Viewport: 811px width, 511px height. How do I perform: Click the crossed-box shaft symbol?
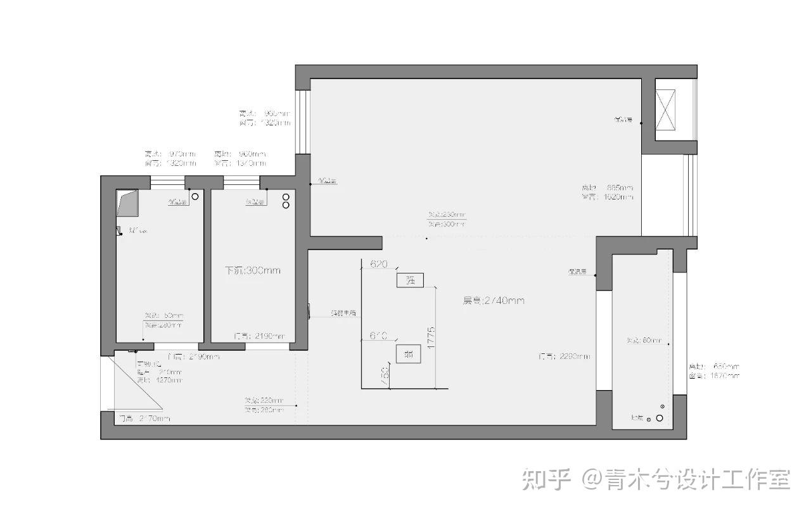[x=665, y=110]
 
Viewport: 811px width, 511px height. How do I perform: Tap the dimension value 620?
[x=378, y=264]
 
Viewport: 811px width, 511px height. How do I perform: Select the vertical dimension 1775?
[x=430, y=339]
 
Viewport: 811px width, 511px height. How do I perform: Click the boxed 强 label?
[x=410, y=281]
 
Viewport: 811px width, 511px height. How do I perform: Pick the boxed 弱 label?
[x=409, y=354]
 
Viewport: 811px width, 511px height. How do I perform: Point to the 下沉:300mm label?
[x=253, y=270]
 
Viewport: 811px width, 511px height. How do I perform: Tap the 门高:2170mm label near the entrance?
[x=144, y=419]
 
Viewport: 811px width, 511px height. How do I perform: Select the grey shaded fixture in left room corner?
[x=127, y=203]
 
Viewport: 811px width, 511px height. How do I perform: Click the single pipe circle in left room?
[x=195, y=197]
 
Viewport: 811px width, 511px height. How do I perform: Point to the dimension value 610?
[x=378, y=336]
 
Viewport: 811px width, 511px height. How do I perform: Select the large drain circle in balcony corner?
[x=660, y=418]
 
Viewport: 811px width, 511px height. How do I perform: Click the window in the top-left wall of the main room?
[x=303, y=122]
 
